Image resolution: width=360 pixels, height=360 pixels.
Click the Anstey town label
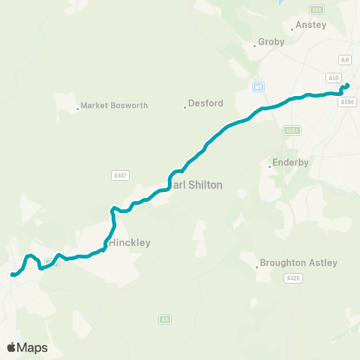311,25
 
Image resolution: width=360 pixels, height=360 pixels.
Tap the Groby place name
271,42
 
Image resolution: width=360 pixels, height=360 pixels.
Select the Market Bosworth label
109,106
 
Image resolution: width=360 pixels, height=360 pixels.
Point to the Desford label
200,106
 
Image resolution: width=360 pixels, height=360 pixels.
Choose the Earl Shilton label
196,184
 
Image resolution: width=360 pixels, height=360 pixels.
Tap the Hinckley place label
130,243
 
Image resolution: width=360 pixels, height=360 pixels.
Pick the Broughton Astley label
298,263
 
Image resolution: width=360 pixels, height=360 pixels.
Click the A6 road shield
346,59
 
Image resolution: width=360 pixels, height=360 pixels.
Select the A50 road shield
334,77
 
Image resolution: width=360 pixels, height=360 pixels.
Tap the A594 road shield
346,102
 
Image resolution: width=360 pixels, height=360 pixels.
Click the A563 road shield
292,130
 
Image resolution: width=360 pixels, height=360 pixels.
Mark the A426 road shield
292,278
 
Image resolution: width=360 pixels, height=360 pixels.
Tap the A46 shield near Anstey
316,10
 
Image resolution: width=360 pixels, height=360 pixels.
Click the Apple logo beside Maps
11,347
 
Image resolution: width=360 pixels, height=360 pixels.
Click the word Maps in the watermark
32,347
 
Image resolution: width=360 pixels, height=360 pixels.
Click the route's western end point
13,275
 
